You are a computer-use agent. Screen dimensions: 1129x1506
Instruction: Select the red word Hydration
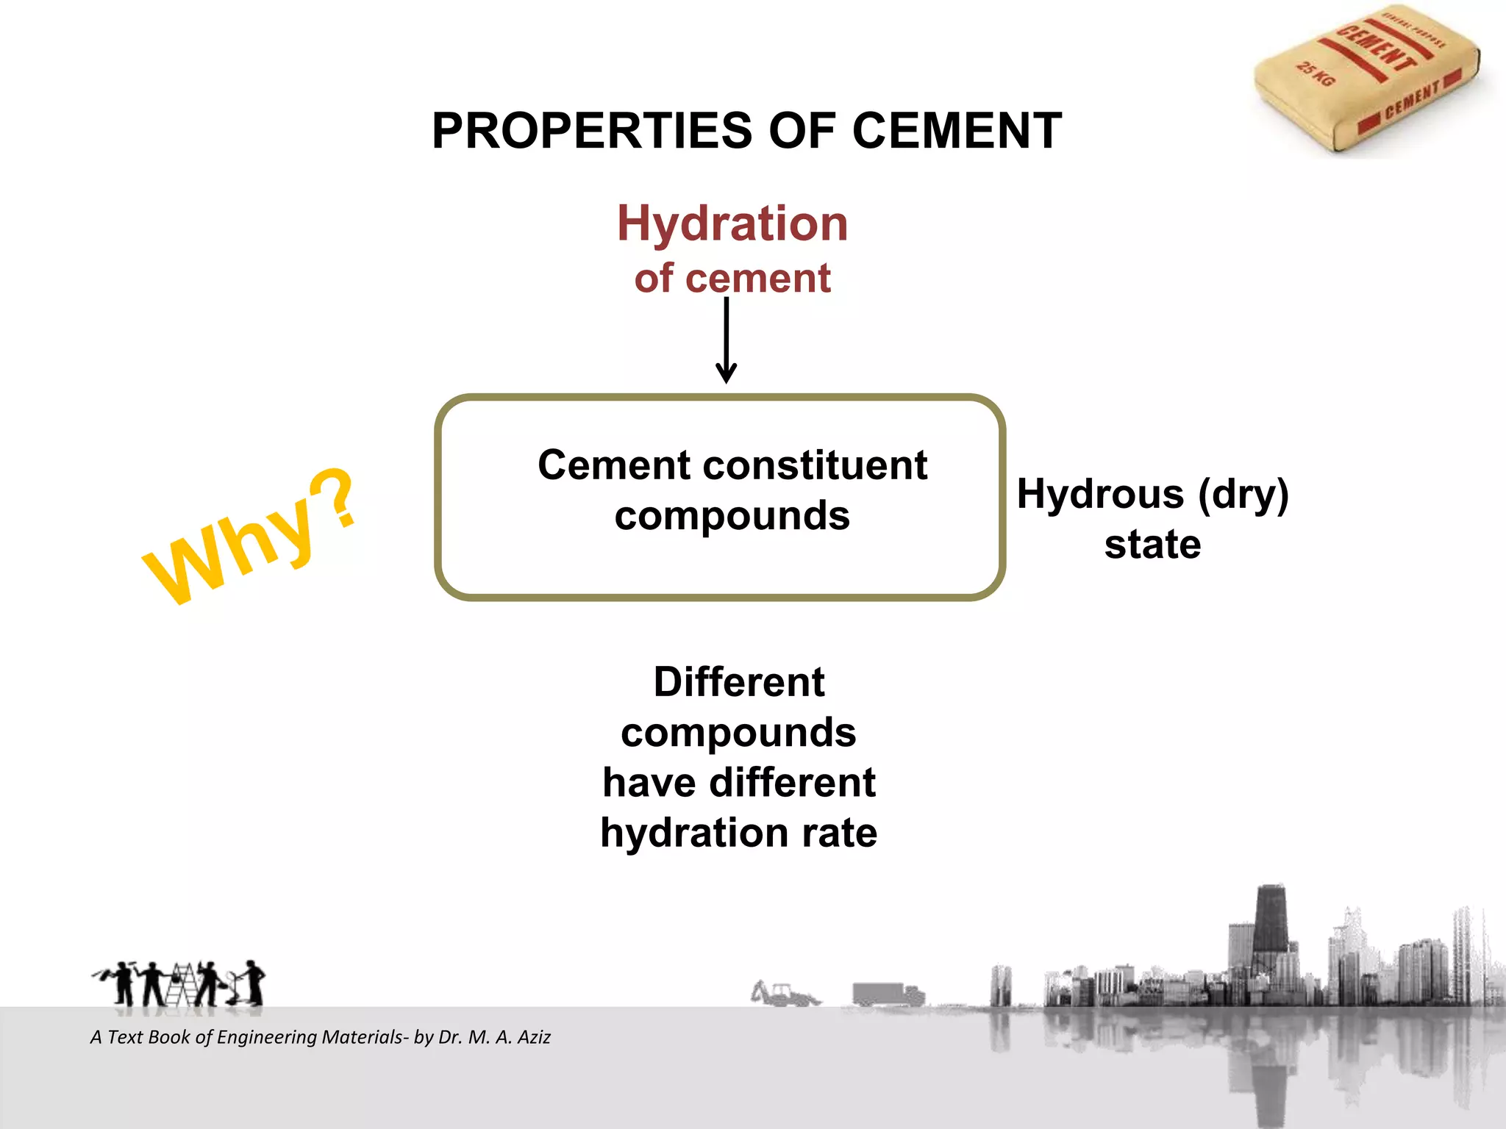coord(732,223)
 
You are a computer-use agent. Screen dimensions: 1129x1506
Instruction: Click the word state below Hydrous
coord(1152,545)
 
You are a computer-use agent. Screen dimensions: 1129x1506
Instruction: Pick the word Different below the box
coord(739,682)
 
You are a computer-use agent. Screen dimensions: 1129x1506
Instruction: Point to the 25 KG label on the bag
coord(1315,74)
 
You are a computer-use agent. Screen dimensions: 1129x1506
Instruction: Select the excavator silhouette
coord(784,993)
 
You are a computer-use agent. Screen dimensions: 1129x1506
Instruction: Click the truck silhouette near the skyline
coord(888,994)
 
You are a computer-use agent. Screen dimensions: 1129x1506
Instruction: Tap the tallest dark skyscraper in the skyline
coord(1271,926)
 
